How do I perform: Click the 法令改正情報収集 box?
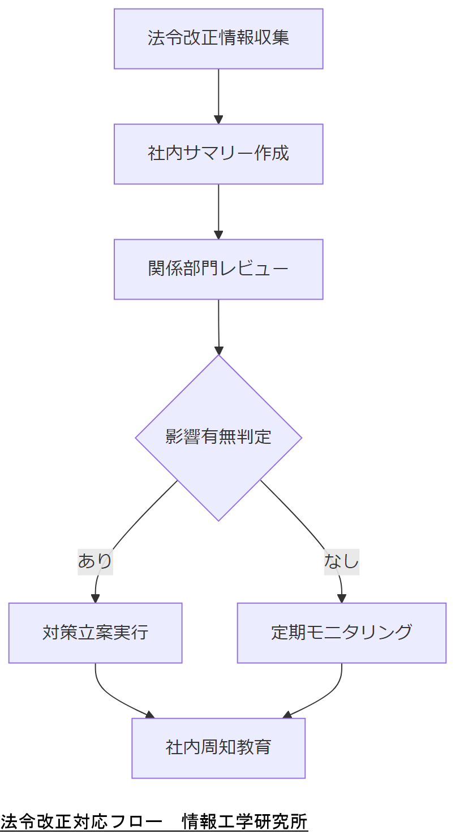tap(218, 38)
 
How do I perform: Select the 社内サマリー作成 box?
tap(218, 154)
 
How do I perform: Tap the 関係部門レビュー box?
tap(218, 269)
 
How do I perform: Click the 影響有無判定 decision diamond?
tap(218, 437)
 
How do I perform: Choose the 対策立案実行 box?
tap(95, 633)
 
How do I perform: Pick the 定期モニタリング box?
tap(341, 633)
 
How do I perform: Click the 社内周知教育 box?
tap(218, 748)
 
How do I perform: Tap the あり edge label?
tap(95, 561)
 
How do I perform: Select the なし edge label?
tap(341, 561)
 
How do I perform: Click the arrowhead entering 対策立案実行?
tap(95, 599)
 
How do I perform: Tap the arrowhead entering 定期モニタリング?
tap(341, 599)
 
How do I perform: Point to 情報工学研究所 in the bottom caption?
tap(244, 821)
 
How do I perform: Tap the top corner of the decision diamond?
tap(218, 356)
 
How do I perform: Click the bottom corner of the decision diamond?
tap(218, 520)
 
